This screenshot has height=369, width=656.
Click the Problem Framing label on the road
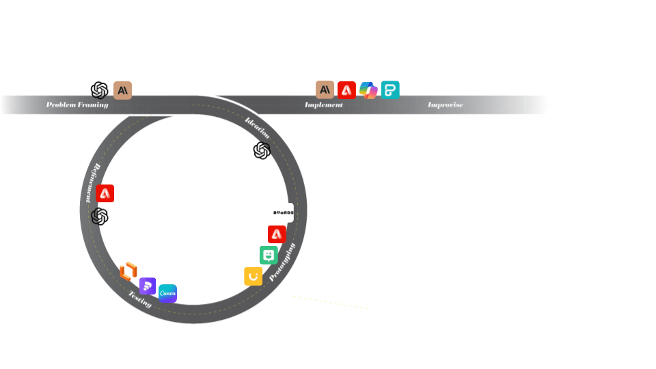pyautogui.click(x=77, y=105)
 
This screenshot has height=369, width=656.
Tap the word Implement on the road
pyautogui.click(x=324, y=105)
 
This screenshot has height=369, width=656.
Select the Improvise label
pyautogui.click(x=446, y=105)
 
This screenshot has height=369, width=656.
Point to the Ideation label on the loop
pyautogui.click(x=258, y=128)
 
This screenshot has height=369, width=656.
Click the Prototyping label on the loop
pyautogui.click(x=283, y=262)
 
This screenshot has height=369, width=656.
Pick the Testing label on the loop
pyautogui.click(x=140, y=299)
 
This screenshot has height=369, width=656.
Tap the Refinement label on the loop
pyautogui.click(x=91, y=182)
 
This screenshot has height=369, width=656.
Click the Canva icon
pyautogui.click(x=167, y=293)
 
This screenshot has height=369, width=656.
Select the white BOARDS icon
pyautogui.click(x=284, y=213)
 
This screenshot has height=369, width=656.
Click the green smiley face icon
pyautogui.click(x=269, y=256)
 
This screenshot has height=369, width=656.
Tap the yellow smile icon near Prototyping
pyautogui.click(x=253, y=276)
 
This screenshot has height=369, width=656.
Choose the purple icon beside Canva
pyautogui.click(x=148, y=286)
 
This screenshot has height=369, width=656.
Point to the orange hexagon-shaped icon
pyautogui.click(x=128, y=271)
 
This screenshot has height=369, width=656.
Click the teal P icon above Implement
pyautogui.click(x=390, y=90)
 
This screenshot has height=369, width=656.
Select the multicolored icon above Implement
pyautogui.click(x=368, y=90)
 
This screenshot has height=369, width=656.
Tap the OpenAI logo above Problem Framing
pyautogui.click(x=100, y=90)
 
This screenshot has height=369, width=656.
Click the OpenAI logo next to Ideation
pyautogui.click(x=262, y=151)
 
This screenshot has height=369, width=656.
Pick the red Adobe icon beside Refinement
pyautogui.click(x=105, y=193)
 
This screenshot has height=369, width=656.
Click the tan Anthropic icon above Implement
pyautogui.click(x=325, y=90)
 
